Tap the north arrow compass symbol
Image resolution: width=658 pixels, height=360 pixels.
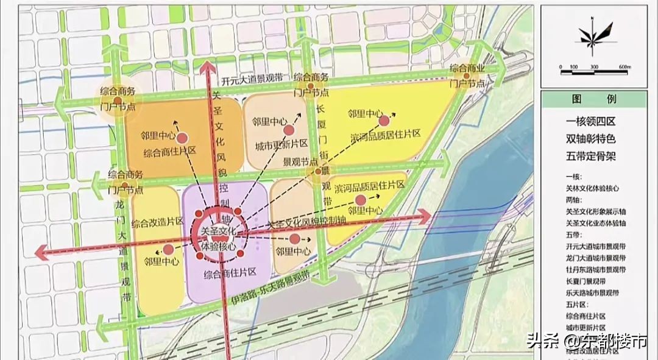tap(589, 35)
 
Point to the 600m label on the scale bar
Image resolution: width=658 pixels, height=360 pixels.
tap(623, 66)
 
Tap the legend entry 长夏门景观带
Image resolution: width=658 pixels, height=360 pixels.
tap(586, 281)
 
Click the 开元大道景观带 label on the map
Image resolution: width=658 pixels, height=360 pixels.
tap(252, 79)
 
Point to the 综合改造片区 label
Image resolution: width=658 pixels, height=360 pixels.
tap(157, 222)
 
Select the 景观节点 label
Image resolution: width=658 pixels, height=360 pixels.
tap(300, 163)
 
